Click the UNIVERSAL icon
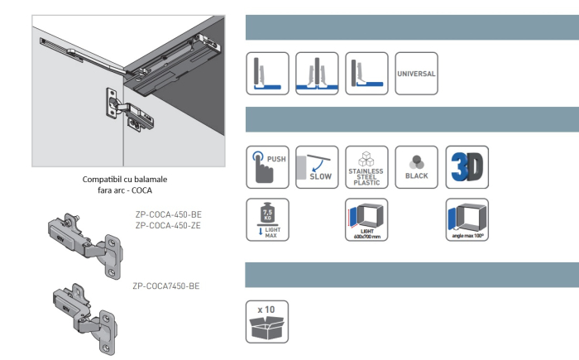pyautogui.click(x=417, y=74)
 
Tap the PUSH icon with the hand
pyautogui.click(x=267, y=168)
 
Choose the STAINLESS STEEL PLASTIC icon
pyautogui.click(x=367, y=168)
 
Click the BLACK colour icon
pyautogui.click(x=417, y=168)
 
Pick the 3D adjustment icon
pyautogui.click(x=467, y=168)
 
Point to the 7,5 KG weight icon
pyautogui.click(x=267, y=220)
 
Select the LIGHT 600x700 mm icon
pyautogui.click(x=367, y=220)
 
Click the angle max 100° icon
pyautogui.click(x=467, y=220)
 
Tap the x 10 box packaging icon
pyautogui.click(x=267, y=321)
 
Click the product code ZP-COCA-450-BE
pyautogui.click(x=168, y=214)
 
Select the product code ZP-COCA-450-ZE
pyautogui.click(x=168, y=224)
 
